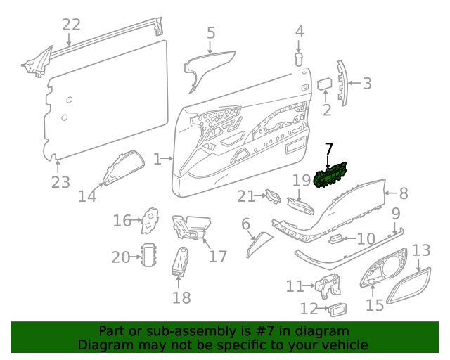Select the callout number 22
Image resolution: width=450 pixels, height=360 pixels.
tap(71, 25)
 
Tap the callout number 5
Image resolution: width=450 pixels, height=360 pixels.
tap(211, 32)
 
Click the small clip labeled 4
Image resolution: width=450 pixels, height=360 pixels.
tap(299, 58)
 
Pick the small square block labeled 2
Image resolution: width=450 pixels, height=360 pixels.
tap(326, 84)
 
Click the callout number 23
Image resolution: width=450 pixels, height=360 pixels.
tap(60, 182)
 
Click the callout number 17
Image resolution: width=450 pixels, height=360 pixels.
tap(219, 256)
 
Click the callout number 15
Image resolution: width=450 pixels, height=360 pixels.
tap(374, 306)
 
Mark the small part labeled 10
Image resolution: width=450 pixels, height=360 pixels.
tap(337, 238)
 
